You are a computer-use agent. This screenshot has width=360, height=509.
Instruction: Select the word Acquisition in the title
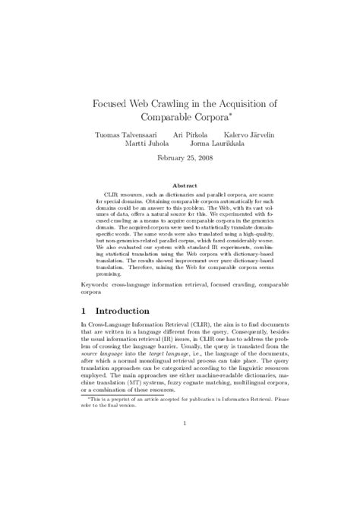(x=245, y=101)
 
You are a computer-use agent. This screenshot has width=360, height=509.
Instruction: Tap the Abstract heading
(x=180, y=185)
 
